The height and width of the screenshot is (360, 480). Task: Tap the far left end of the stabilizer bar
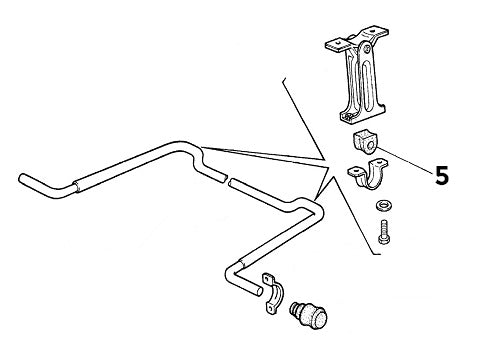[x=21, y=178]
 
